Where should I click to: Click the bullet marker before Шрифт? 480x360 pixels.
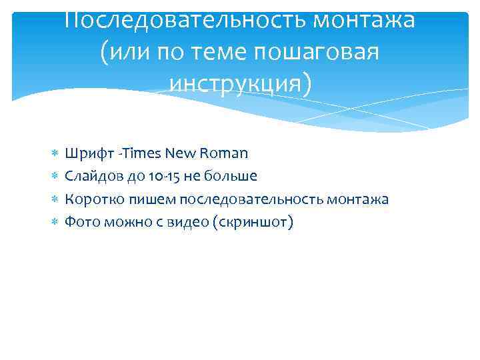[55, 154]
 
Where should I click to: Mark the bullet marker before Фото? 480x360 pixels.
[55, 222]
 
